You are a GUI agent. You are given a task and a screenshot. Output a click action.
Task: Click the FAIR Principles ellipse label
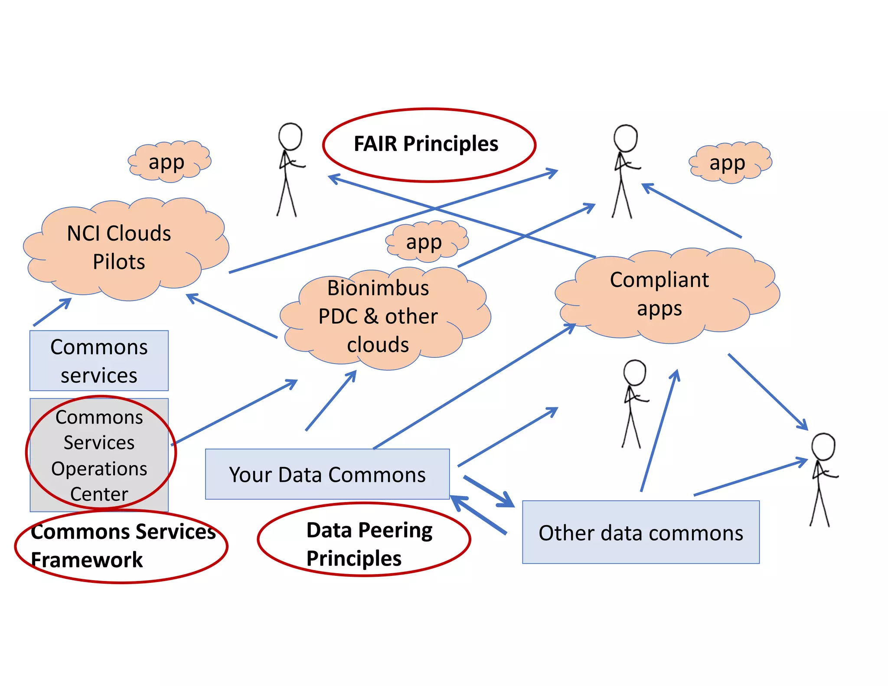426,144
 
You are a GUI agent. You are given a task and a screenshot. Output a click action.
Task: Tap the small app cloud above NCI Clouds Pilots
169,162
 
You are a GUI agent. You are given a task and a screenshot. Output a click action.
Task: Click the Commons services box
99,361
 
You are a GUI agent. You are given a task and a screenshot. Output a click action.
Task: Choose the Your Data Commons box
327,474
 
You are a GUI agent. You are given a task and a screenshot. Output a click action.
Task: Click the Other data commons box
640,532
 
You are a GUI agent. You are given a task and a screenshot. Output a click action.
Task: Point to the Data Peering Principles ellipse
364,540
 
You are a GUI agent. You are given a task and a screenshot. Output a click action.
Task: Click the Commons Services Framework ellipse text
121,546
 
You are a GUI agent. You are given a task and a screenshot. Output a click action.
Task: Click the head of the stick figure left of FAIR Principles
290,136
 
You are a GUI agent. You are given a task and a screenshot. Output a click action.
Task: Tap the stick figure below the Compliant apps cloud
633,403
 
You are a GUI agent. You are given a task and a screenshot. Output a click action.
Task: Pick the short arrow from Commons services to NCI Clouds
52,312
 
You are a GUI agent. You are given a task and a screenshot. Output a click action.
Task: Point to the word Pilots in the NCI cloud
119,262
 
